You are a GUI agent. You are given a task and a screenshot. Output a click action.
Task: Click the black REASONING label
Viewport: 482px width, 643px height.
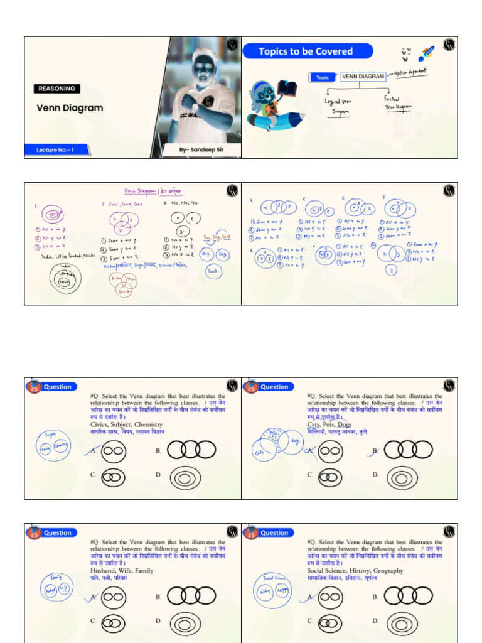57,89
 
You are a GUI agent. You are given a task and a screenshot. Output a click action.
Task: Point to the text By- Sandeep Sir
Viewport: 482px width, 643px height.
201,150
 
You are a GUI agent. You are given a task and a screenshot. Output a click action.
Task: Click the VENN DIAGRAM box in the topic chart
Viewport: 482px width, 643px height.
363,77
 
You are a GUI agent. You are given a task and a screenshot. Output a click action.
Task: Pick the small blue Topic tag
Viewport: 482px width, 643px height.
323,77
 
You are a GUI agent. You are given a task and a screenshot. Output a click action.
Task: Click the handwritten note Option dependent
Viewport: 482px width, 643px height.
410,73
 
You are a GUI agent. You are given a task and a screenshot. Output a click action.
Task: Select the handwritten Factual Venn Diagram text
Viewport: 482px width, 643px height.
399,103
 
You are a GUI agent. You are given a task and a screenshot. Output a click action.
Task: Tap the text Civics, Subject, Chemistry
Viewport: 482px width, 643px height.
126,424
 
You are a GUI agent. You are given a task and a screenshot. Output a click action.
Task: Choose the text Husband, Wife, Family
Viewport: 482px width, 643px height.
122,571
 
